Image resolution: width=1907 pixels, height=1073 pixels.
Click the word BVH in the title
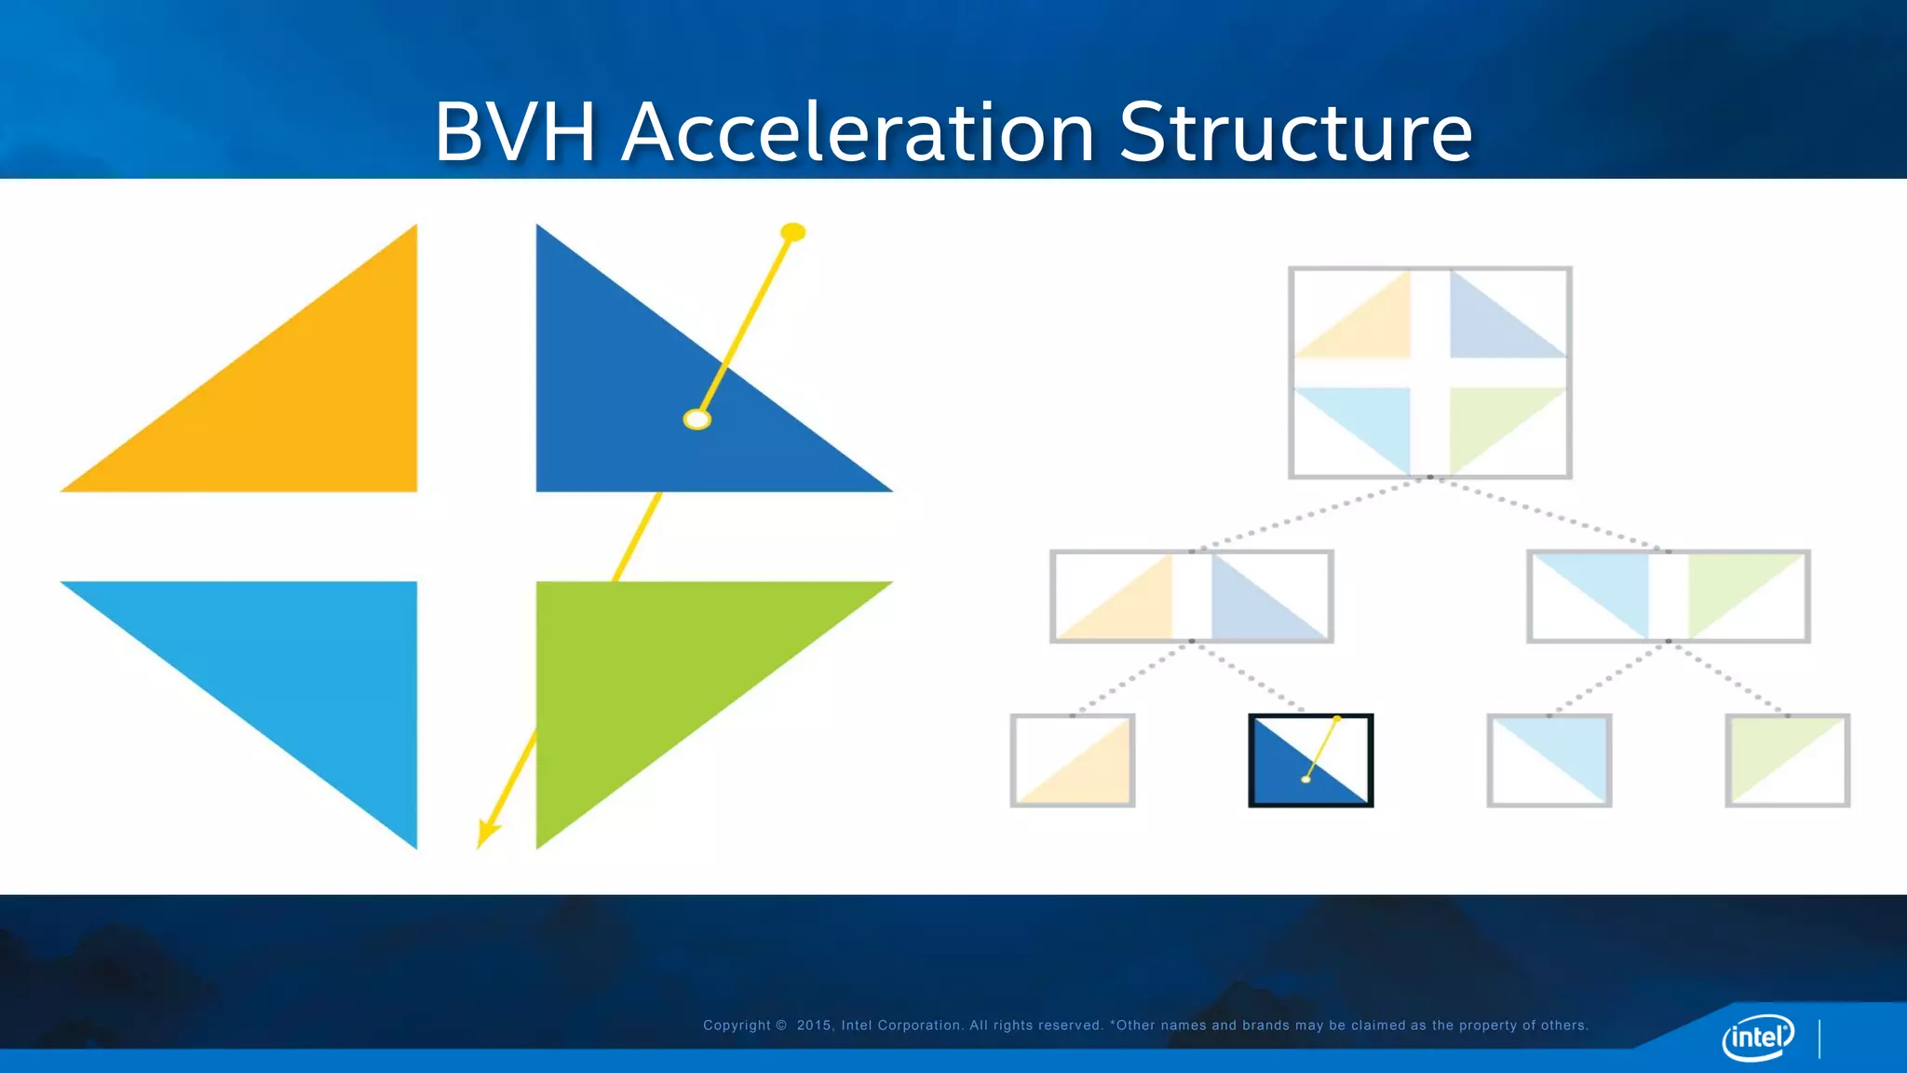click(515, 132)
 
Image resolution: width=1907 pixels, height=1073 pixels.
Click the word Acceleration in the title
click(858, 132)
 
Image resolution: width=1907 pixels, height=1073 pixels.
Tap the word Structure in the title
click(1295, 132)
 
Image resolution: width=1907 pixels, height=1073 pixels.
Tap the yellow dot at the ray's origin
click(792, 232)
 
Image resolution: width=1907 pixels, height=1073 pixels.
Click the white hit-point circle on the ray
click(697, 419)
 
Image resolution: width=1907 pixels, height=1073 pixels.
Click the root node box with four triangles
click(1430, 373)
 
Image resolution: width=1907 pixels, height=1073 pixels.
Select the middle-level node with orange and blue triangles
click(1192, 596)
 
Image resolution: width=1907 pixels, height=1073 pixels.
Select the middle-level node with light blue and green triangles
click(1669, 596)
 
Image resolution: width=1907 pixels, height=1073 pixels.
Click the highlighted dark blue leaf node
click(1311, 760)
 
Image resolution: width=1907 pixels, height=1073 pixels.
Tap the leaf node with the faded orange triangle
click(1073, 760)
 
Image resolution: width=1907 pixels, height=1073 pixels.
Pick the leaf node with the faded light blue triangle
click(1549, 760)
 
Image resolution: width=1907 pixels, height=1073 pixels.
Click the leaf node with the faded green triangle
click(1788, 760)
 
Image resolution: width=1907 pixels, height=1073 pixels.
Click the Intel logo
click(1758, 1036)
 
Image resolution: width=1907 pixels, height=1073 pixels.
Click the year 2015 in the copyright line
click(814, 1025)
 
